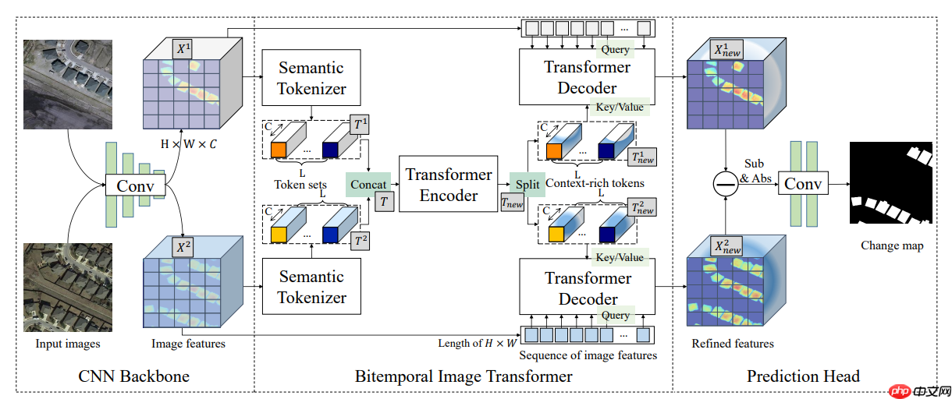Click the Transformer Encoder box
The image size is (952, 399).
point(449,185)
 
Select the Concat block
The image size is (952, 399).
point(368,184)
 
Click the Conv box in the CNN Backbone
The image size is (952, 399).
point(135,186)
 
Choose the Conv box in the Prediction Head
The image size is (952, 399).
point(803,184)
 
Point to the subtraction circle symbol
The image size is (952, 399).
point(726,184)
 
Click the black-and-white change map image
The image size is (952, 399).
point(891,184)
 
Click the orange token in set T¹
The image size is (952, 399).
point(279,150)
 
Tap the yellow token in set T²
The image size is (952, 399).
point(279,234)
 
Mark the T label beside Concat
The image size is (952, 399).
point(384,202)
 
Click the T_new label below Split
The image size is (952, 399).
point(512,203)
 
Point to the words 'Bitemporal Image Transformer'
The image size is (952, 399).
point(464,376)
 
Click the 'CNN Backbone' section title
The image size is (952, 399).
point(134,376)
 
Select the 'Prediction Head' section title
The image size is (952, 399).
point(803,376)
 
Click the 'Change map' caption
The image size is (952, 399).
point(892,245)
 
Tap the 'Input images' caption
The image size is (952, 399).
point(68,343)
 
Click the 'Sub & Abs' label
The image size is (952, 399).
point(755,171)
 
